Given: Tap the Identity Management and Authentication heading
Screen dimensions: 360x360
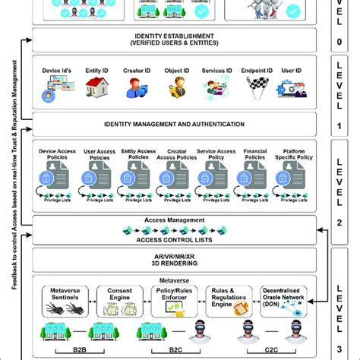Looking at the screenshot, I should click(174, 123).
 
